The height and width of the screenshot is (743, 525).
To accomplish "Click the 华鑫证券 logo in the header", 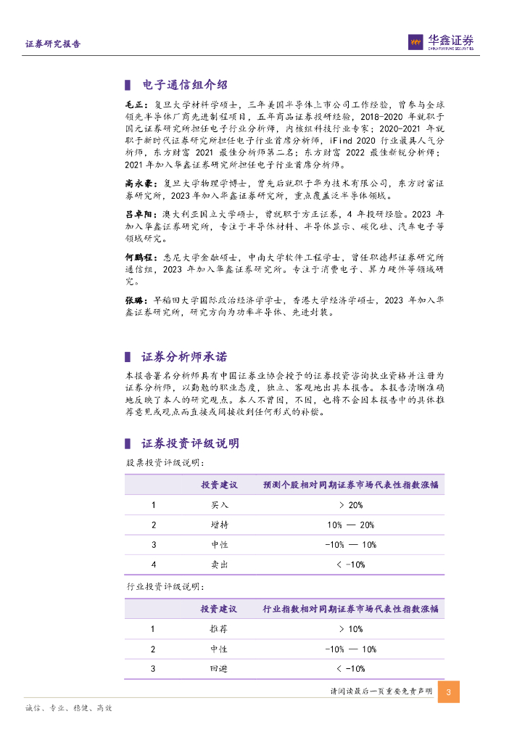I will (440, 42).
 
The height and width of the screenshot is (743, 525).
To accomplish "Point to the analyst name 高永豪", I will (139, 184).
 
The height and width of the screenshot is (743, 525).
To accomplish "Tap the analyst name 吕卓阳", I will (139, 215).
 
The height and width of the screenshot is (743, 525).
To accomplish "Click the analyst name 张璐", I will (134, 300).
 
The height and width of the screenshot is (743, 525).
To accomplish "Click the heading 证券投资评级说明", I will (190, 443).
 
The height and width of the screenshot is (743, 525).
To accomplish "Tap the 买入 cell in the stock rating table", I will (219, 505).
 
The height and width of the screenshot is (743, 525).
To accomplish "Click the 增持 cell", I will (219, 525).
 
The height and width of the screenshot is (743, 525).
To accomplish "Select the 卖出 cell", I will (219, 564).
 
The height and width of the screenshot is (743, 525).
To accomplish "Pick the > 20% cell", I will (350, 505).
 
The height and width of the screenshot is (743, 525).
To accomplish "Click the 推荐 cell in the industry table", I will (219, 629).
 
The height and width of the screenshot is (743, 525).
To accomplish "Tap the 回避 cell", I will (219, 668).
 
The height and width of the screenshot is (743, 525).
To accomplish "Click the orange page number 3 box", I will (449, 692).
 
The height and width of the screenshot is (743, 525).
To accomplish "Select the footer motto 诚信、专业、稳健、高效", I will (68, 708).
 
